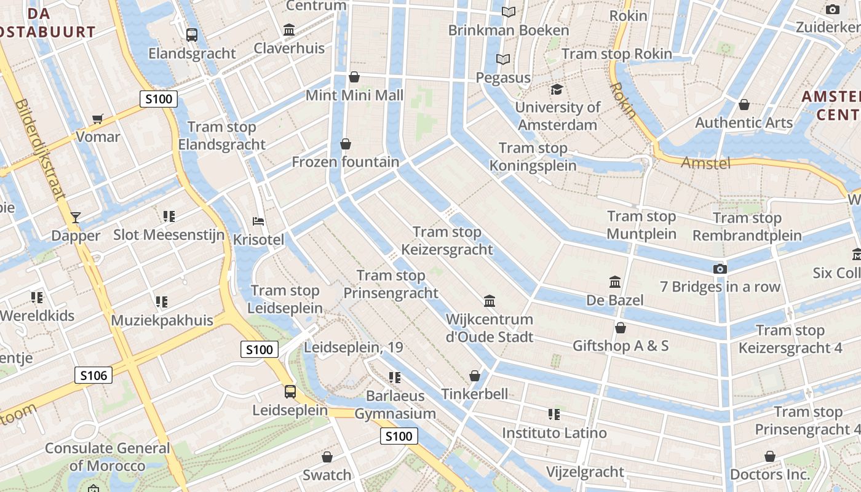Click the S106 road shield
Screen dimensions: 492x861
pos(93,375)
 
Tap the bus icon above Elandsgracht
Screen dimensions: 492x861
pos(192,35)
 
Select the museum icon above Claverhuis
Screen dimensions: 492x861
pos(289,30)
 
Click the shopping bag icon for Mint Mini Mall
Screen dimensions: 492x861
pos(354,77)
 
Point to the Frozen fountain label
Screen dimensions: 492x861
pos(345,162)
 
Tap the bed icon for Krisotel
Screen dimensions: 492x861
pos(259,221)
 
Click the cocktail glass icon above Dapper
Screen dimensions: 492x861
pos(76,217)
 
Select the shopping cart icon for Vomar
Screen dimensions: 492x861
pos(97,119)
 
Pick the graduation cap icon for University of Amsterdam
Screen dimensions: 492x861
pos(557,89)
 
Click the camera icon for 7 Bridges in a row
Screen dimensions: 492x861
pos(720,269)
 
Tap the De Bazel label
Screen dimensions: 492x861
pos(614,300)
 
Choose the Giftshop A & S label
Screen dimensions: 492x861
pos(621,346)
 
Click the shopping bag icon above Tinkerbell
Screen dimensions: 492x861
pos(475,375)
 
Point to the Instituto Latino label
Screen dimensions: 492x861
pos(554,433)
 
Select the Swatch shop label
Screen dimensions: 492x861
pos(327,475)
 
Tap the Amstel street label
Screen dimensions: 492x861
pos(706,163)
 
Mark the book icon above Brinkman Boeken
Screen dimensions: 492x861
pos(508,12)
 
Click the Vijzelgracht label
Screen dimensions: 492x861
pos(585,472)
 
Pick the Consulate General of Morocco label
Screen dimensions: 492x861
pos(107,457)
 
